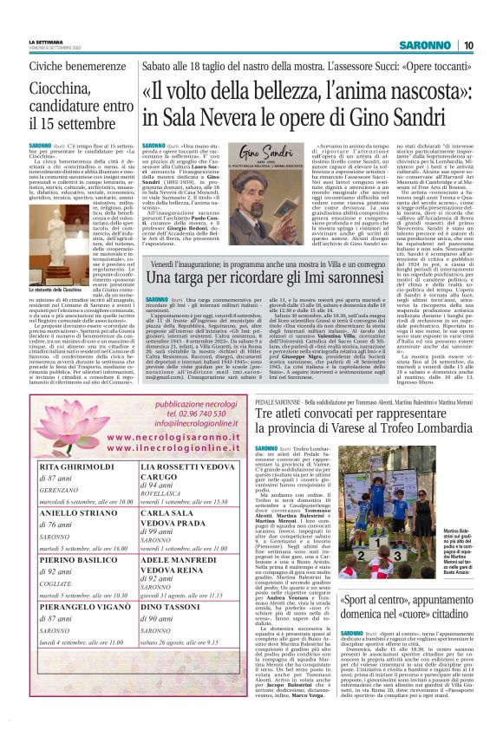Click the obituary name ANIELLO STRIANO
coord(79,512)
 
